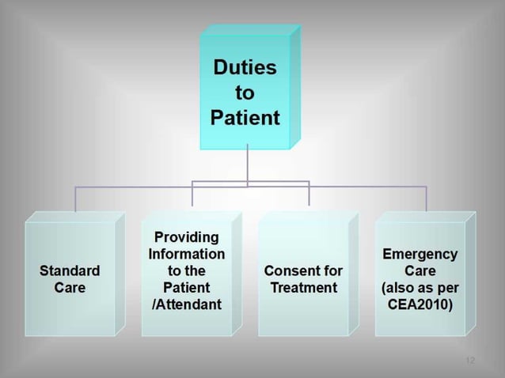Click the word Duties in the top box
[245, 68]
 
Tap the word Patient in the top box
[245, 119]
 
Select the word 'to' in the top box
[245, 93]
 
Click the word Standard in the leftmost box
[70, 270]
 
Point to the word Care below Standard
[70, 288]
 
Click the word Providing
[187, 237]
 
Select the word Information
[187, 254]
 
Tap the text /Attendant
[187, 304]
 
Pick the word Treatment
[303, 288]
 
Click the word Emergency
[420, 254]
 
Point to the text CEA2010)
[420, 304]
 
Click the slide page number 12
[470, 361]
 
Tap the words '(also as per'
[420, 288]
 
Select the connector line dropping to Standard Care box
[76, 199]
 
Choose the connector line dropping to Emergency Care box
[426, 199]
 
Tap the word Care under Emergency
[420, 270]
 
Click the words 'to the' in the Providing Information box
[187, 270]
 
